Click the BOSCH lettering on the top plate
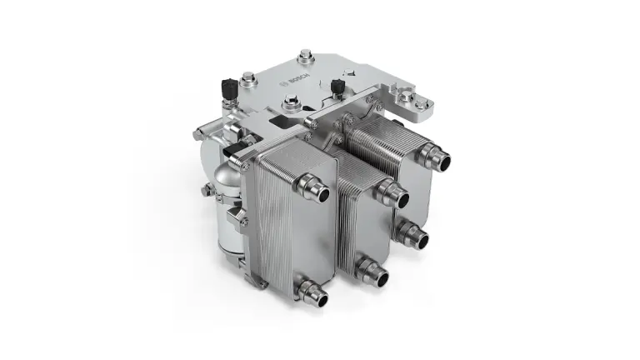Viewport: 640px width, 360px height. pyautogui.click(x=300, y=79)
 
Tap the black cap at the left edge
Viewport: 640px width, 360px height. pyautogui.click(x=229, y=87)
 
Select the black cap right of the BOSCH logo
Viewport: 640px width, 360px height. pyautogui.click(x=337, y=87)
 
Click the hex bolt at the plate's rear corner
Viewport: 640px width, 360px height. pyautogui.click(x=305, y=56)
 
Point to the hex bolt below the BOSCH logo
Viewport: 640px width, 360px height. pyautogui.click(x=291, y=101)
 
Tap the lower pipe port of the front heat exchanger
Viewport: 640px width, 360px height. pyautogui.click(x=312, y=292)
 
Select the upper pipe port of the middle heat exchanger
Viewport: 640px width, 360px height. pyautogui.click(x=393, y=193)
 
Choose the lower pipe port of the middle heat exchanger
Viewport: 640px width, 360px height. pyautogui.click(x=372, y=272)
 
